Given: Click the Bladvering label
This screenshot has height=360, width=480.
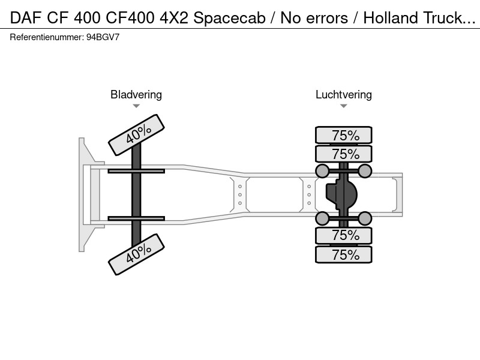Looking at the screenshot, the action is (x=136, y=95).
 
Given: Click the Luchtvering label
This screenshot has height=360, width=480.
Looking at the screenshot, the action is (x=344, y=95).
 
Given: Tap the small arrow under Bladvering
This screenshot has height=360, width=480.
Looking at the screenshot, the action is (x=136, y=106).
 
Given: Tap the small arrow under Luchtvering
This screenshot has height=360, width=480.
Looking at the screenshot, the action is (x=344, y=106).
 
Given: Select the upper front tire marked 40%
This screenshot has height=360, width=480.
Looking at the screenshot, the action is (x=137, y=135).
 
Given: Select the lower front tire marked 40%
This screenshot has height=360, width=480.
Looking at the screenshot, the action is (x=137, y=254).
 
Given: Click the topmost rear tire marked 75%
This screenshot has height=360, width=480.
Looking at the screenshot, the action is (x=344, y=135).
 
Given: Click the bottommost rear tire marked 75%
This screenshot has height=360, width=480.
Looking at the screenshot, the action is (x=344, y=254).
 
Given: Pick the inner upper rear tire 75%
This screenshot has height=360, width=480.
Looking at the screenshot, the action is (x=344, y=154).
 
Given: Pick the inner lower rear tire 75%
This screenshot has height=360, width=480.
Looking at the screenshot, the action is (x=344, y=235).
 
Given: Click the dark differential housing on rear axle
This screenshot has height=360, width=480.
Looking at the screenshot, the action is (x=341, y=194).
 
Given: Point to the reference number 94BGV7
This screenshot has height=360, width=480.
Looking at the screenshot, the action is (x=103, y=37).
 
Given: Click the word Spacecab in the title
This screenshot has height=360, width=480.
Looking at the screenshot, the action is (x=229, y=18).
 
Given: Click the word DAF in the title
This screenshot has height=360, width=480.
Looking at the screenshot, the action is (x=25, y=18).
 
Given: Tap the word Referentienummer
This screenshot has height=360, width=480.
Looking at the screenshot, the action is (x=47, y=37).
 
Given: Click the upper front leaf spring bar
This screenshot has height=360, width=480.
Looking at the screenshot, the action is (x=136, y=171).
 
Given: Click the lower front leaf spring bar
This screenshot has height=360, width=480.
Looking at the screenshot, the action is (x=136, y=218).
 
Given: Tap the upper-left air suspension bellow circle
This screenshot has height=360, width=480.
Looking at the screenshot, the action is (x=322, y=171).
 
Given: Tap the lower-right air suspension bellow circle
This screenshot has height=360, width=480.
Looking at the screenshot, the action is (x=365, y=218).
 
